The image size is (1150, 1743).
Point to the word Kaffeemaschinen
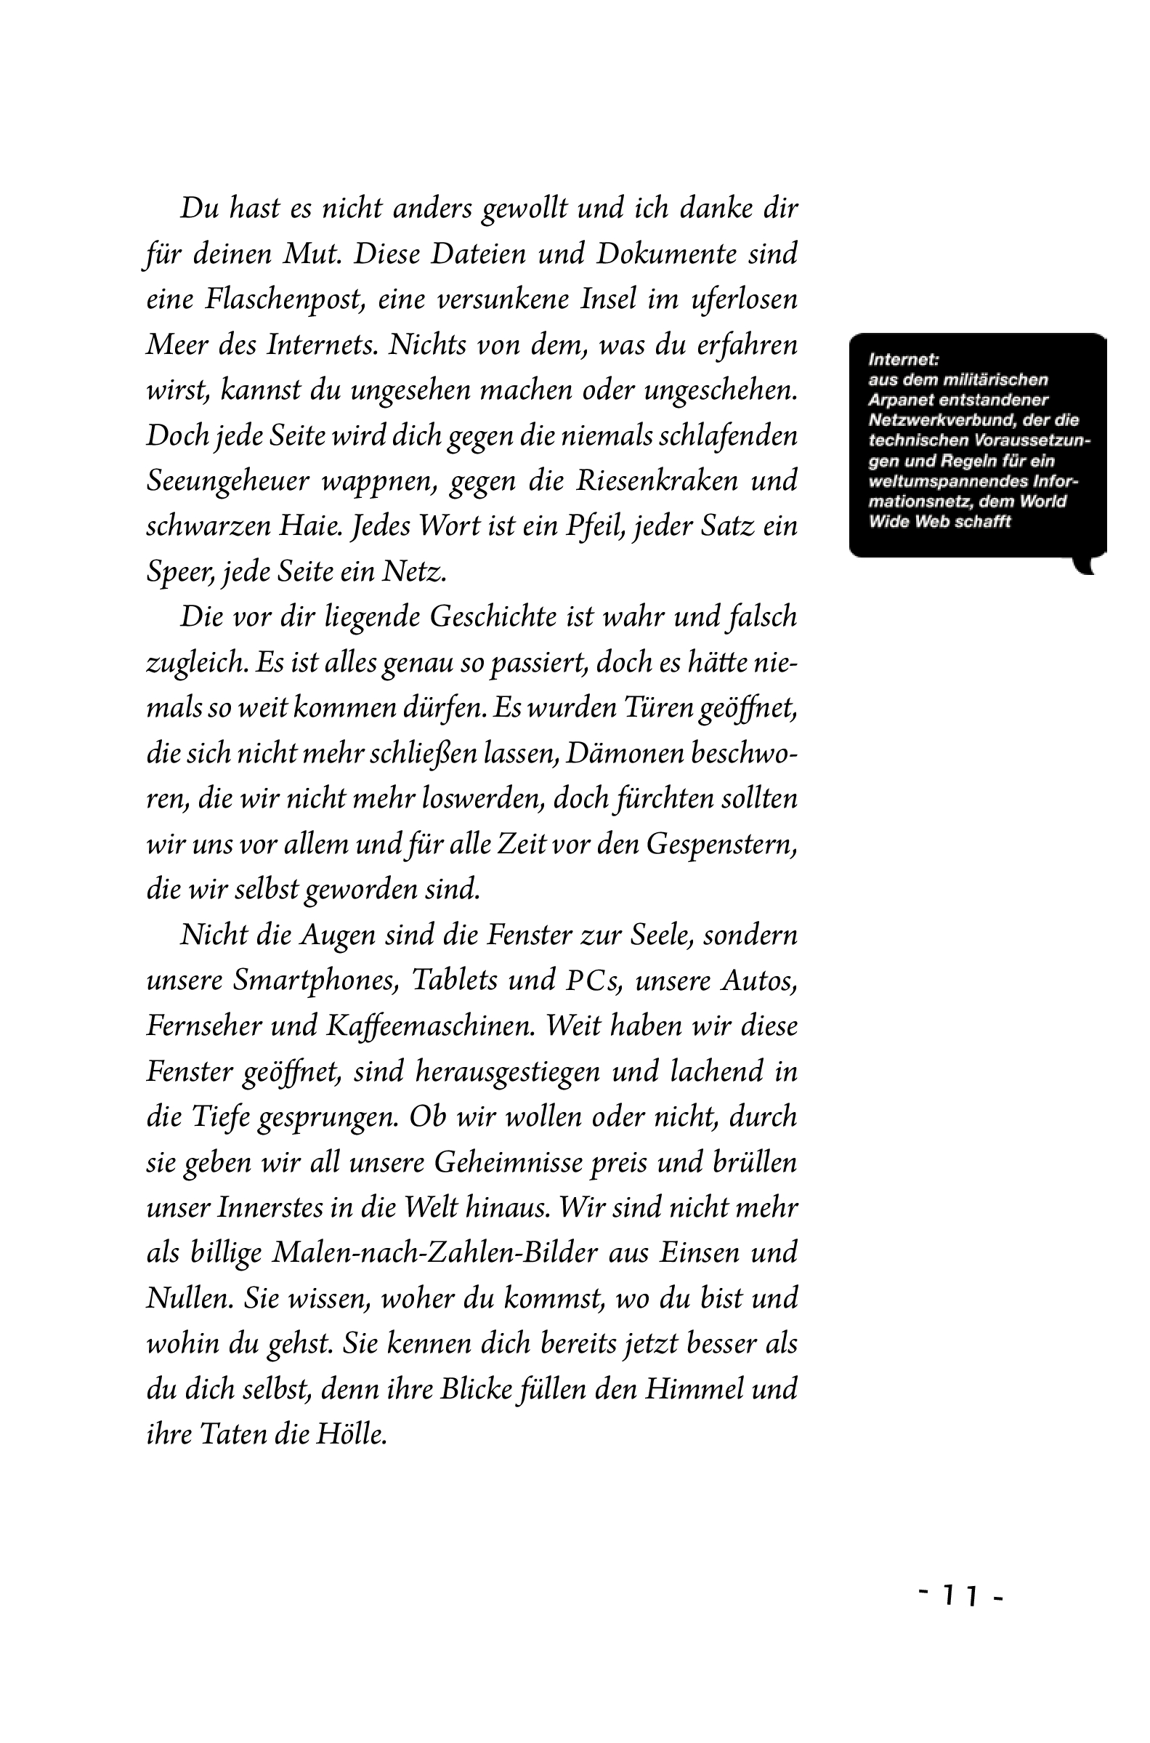pyautogui.click(x=429, y=1026)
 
